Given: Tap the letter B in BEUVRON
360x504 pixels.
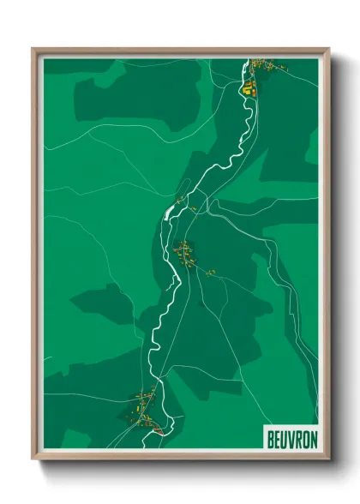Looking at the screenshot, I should coord(267,436).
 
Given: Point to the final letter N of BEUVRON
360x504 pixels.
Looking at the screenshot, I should coord(312,436).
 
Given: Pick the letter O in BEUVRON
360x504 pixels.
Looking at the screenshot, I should coord(304,436).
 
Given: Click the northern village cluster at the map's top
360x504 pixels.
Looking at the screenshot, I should coord(257,73).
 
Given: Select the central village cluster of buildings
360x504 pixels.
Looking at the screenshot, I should coord(184,253).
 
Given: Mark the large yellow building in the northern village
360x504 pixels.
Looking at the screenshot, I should coord(247,87).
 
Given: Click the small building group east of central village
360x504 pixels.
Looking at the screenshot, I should coord(210,273).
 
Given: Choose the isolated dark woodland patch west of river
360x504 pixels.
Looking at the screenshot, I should coord(101,302).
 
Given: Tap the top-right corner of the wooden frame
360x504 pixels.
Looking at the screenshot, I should coord(327,50).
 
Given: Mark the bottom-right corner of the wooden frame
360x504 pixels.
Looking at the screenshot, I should coord(327,458).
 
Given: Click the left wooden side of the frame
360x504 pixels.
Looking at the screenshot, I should coord(35,257).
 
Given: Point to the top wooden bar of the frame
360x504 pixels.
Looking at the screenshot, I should coord(180,51).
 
